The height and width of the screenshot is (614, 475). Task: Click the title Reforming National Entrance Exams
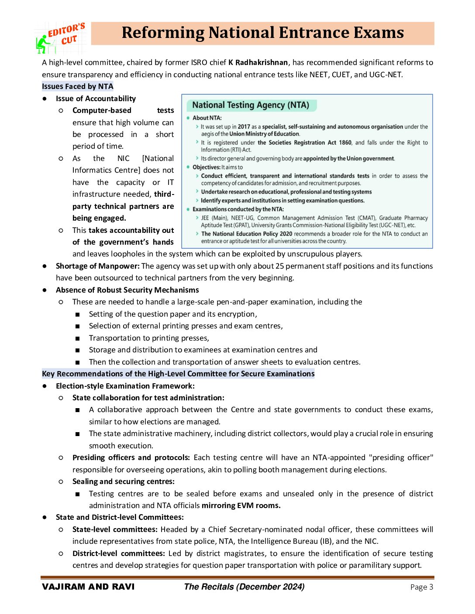[262, 33]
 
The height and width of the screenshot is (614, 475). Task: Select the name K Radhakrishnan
[258, 62]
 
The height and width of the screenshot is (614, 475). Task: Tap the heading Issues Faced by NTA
[78, 86]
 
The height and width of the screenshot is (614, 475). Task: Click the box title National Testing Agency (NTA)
[251, 105]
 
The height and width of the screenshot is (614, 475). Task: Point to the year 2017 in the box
[244, 127]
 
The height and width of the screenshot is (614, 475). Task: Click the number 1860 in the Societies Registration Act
[345, 143]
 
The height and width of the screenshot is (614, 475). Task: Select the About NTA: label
[207, 118]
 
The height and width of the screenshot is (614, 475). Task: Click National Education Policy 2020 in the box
[247, 234]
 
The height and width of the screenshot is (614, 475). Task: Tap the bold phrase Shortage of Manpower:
[98, 266]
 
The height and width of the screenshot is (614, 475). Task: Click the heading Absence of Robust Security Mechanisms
[127, 290]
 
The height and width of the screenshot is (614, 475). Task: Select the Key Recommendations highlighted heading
[178, 374]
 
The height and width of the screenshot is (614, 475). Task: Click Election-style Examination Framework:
[125, 386]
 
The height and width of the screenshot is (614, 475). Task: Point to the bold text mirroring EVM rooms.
[241, 505]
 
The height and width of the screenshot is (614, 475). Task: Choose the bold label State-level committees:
[115, 529]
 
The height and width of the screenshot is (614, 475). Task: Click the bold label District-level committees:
[118, 553]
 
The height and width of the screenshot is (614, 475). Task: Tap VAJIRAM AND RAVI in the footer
[88, 587]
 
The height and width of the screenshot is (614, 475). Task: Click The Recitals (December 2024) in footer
[244, 587]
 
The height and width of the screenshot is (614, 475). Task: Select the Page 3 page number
[421, 587]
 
